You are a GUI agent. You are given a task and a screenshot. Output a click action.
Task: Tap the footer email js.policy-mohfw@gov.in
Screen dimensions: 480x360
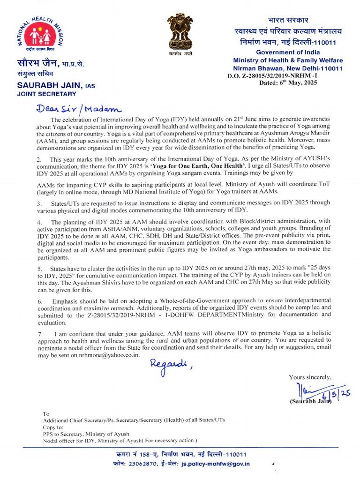coord(216,464)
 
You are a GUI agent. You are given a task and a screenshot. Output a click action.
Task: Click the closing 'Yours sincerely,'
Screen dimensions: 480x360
coord(310,377)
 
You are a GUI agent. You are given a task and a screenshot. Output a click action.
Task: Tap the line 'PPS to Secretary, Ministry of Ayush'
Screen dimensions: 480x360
coord(86,434)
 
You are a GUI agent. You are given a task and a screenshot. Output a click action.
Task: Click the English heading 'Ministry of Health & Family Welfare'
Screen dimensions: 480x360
coord(287,60)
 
